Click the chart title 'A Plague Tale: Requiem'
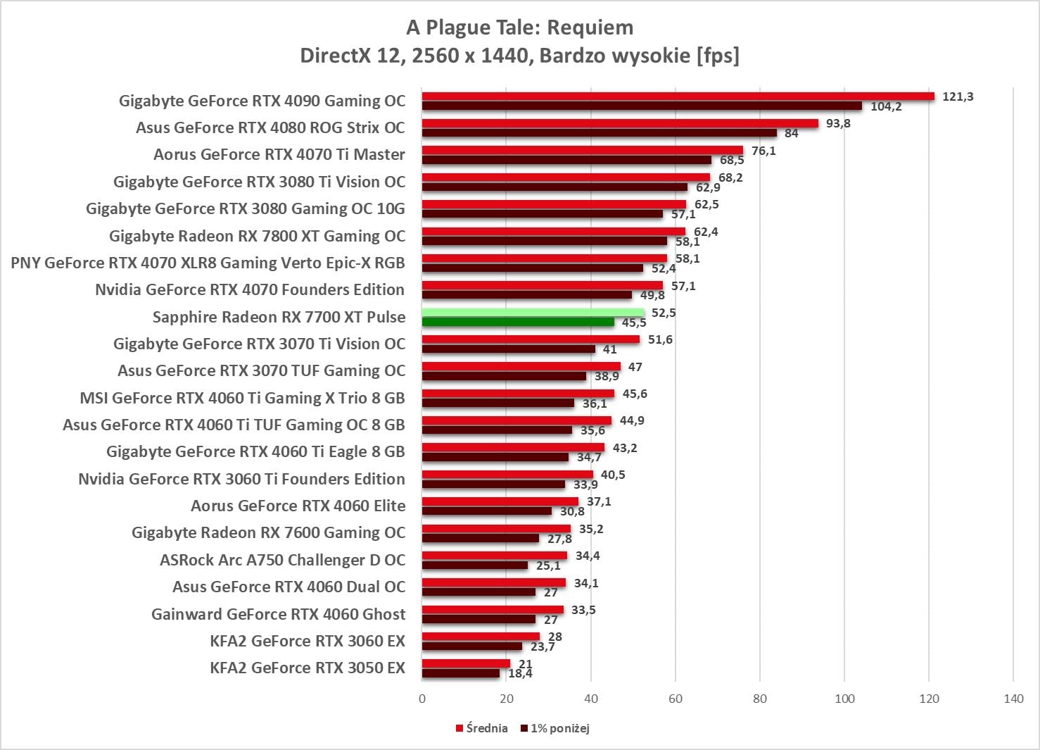click(x=519, y=27)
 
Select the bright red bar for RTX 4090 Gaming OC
click(x=678, y=96)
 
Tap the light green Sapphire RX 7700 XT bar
click(x=533, y=313)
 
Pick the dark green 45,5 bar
click(x=518, y=322)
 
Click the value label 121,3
click(x=958, y=96)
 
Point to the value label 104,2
click(x=886, y=106)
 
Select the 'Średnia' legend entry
click(x=482, y=728)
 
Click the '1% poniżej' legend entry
click(x=555, y=728)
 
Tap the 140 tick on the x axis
click(x=1013, y=699)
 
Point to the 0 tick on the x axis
click(x=422, y=699)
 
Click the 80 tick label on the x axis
click(x=760, y=699)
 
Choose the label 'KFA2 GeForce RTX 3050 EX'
click(x=307, y=668)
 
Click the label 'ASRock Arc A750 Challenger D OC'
click(x=282, y=560)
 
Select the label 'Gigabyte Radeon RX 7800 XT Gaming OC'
click(x=257, y=236)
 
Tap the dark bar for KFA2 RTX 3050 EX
click(x=461, y=673)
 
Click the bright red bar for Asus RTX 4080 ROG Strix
click(x=620, y=123)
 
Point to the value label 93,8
click(x=838, y=123)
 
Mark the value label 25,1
click(x=548, y=565)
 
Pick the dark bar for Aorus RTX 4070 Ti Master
click(x=566, y=160)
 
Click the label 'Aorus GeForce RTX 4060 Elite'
click(x=298, y=506)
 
